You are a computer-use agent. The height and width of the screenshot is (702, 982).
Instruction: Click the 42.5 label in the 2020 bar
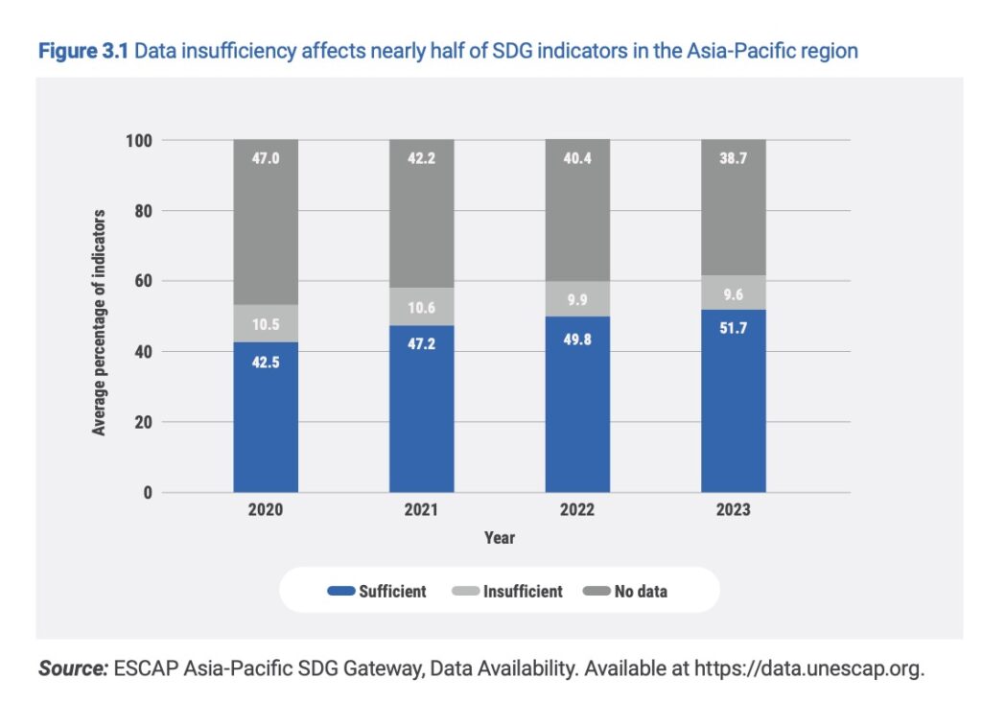(x=266, y=363)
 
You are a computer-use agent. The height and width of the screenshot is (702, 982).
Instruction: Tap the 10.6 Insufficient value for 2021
(x=421, y=307)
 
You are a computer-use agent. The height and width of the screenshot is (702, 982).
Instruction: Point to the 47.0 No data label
(x=266, y=159)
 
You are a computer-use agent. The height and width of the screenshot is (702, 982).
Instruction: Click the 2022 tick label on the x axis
(x=577, y=510)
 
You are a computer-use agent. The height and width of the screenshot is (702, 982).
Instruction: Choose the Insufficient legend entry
(x=509, y=592)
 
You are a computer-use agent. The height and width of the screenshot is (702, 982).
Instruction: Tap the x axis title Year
(x=499, y=538)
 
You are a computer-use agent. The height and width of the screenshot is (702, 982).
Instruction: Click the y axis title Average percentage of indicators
(x=99, y=322)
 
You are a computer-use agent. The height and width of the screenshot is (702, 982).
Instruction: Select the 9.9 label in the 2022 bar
(x=577, y=299)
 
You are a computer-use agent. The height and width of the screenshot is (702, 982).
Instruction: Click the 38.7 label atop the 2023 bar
(x=734, y=159)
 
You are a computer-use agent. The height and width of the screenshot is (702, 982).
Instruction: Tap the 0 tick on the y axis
(x=148, y=493)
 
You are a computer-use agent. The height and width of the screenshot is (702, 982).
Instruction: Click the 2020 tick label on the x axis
(x=266, y=510)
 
